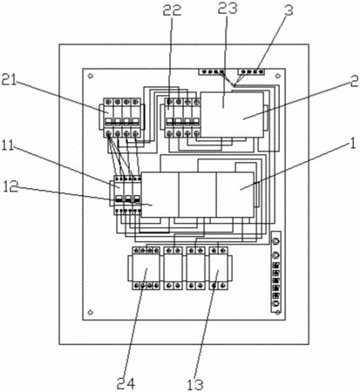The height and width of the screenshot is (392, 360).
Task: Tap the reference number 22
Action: coord(172,10)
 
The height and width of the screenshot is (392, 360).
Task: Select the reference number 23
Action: coord(228,8)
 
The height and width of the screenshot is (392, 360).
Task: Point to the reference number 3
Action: coord(289,10)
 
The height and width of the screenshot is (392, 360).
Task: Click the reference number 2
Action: coord(354,82)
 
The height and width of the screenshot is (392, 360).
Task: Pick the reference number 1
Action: coord(353,144)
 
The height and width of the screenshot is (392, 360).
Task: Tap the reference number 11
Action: coord(8,145)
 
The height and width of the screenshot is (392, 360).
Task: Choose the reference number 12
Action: coord(10,187)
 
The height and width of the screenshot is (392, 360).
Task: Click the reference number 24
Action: coord(126,384)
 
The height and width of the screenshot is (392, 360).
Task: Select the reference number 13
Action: coord(195,385)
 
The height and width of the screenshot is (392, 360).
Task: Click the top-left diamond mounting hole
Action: coord(91,76)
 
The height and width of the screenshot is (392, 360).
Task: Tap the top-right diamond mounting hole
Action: coord(278,76)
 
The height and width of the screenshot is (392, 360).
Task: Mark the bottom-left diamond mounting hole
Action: coord(91,313)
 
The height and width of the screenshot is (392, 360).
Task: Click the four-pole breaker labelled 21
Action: coord(122,118)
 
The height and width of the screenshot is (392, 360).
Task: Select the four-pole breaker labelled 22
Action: coord(180,118)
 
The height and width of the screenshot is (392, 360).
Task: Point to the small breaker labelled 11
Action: coord(126,195)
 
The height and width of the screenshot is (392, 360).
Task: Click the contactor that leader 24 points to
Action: coord(144,268)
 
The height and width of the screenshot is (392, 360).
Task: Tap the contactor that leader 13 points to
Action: coord(219,268)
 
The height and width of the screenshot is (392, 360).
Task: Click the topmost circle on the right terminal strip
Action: coord(275,241)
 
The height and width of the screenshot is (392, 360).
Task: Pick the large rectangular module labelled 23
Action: coord(232,114)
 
